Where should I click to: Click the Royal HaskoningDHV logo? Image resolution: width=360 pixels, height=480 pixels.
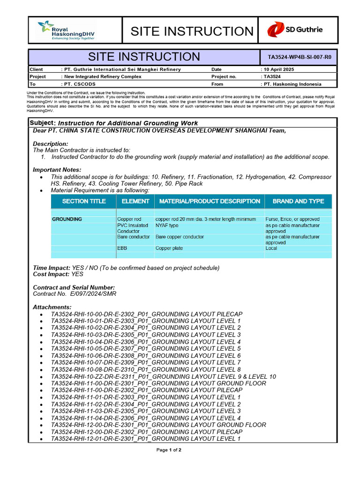click(66, 30)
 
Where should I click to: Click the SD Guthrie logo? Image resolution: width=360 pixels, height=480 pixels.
click(295, 30)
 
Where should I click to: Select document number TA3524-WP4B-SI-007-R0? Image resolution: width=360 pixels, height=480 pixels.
click(299, 58)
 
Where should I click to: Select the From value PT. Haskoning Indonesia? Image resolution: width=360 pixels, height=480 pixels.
click(291, 84)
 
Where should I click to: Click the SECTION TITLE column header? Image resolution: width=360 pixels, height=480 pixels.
click(84, 201)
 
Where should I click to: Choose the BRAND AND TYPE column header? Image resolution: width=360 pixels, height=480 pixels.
click(298, 201)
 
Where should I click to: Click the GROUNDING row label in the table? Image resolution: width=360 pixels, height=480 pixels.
click(67, 219)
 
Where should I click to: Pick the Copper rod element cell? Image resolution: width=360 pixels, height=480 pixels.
click(129, 219)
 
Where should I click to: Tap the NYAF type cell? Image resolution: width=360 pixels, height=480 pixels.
click(167, 225)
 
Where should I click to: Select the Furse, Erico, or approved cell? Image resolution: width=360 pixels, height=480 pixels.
click(292, 219)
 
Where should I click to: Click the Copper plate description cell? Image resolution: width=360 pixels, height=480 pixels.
click(169, 248)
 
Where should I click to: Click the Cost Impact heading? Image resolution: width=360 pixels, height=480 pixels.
click(51, 274)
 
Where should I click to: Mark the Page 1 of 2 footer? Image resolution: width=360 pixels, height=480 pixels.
click(169, 450)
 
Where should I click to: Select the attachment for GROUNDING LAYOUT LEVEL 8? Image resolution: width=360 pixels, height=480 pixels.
click(146, 369)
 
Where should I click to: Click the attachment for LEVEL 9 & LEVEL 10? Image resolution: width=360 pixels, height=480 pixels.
click(163, 376)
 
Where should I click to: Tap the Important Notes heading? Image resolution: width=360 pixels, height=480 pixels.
click(57, 170)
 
